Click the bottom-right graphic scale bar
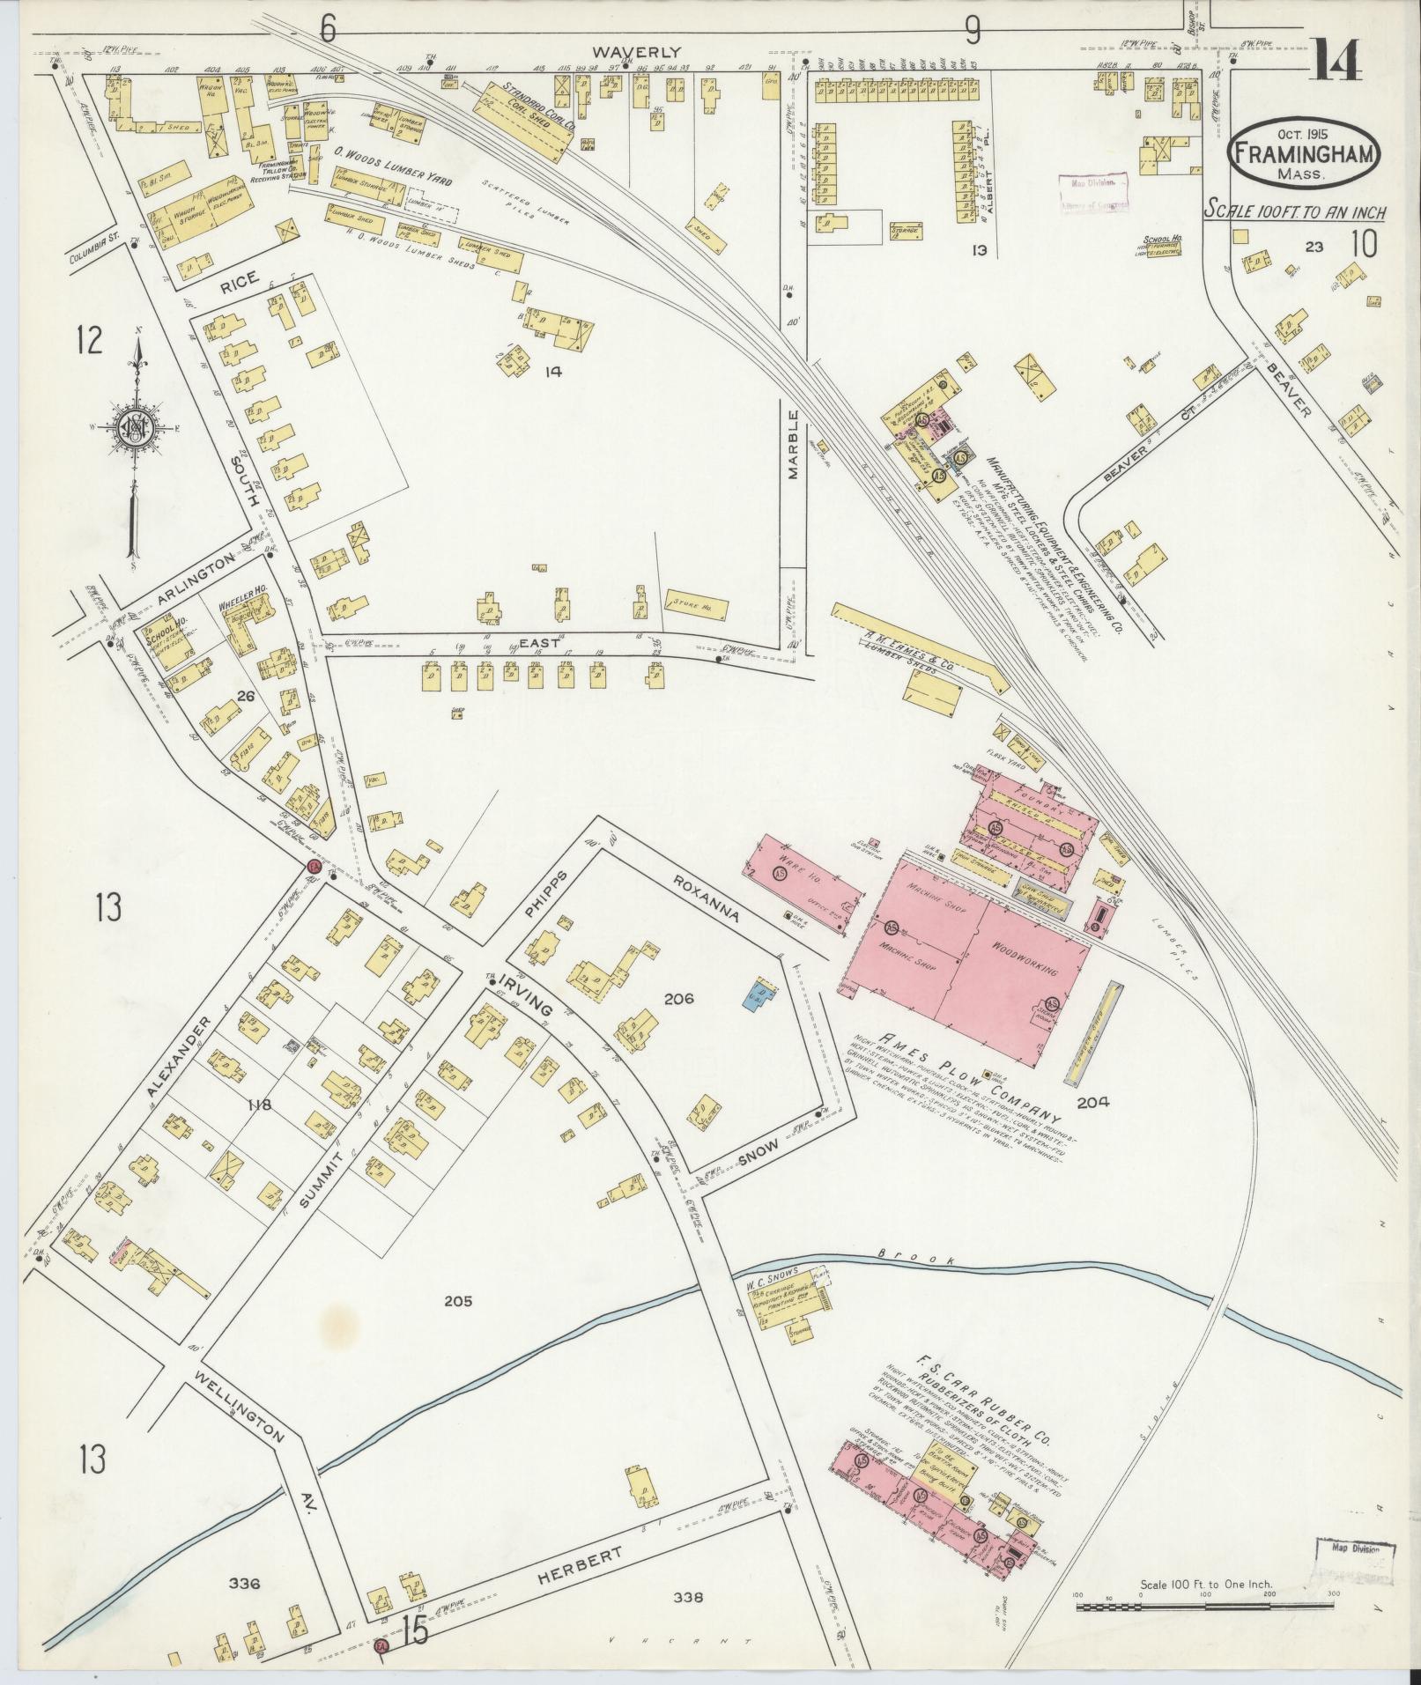pyautogui.click(x=1207, y=1606)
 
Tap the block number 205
pyautogui.click(x=459, y=1299)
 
